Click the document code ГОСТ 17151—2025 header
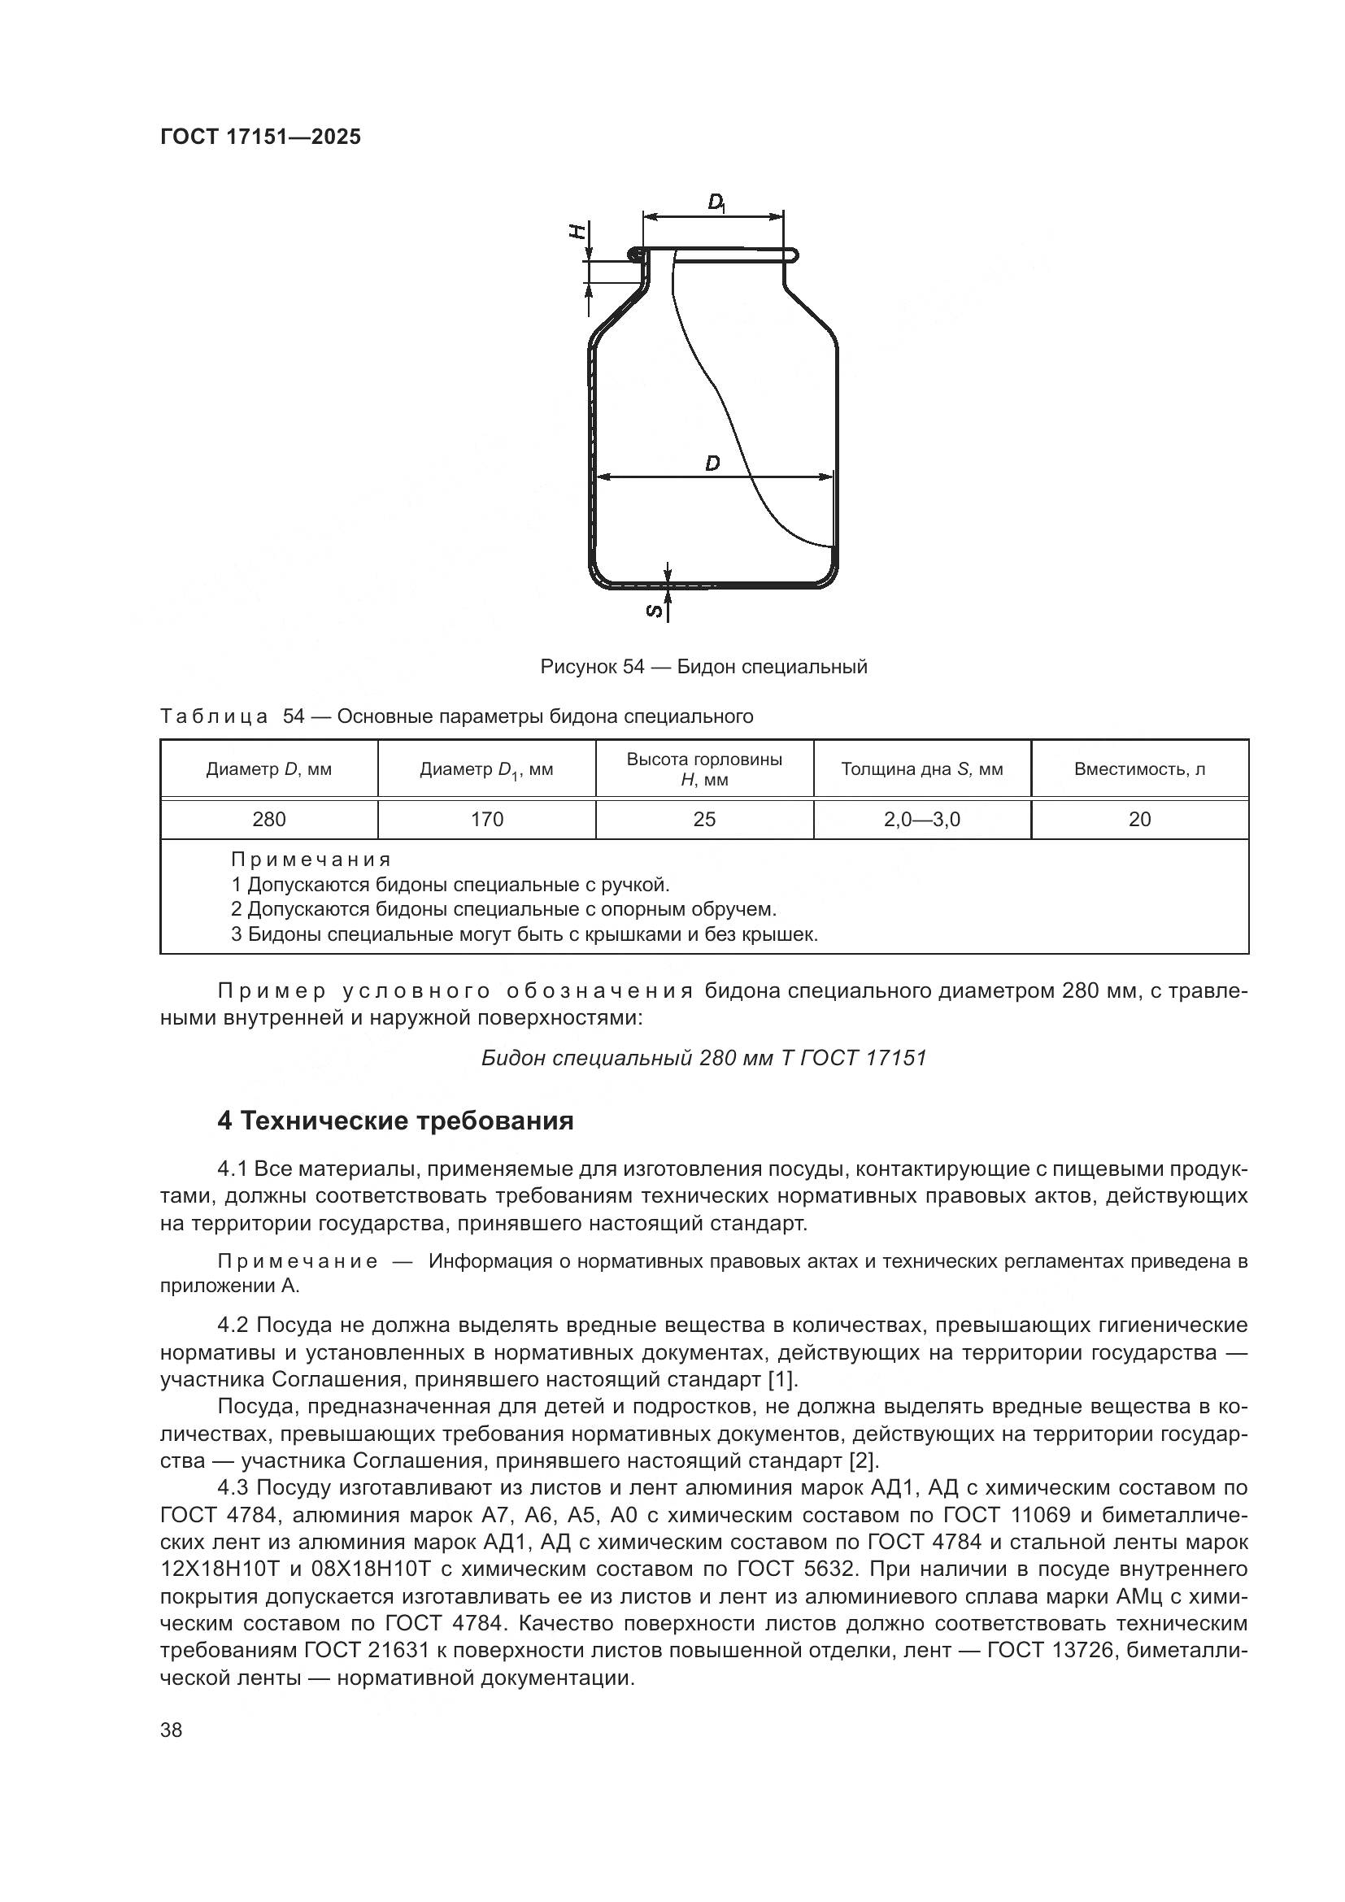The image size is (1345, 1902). tap(260, 137)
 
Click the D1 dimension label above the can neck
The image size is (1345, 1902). tap(716, 202)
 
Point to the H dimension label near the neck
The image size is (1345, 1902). tap(581, 230)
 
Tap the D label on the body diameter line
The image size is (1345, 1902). tap(712, 464)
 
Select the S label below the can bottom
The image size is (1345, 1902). tap(655, 611)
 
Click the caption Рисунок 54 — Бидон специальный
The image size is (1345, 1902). tap(703, 667)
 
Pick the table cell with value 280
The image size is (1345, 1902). tap(269, 820)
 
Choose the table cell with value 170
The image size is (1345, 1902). tap(487, 820)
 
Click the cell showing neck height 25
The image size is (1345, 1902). tap(704, 820)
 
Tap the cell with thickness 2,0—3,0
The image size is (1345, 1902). tap(922, 820)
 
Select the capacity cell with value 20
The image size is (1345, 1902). tap(1139, 820)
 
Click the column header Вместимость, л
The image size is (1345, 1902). tap(1139, 768)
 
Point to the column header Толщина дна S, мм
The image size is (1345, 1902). tap(922, 768)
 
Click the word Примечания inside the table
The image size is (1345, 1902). tap(311, 859)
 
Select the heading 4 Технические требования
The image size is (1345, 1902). tap(395, 1121)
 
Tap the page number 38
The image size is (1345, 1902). tap(172, 1730)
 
